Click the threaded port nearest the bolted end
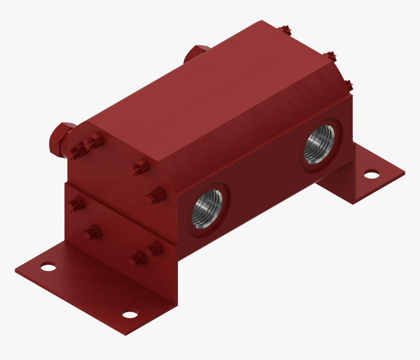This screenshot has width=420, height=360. (x=207, y=209)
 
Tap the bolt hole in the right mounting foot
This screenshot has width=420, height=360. (x=372, y=174)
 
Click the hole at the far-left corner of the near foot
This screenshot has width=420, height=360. (x=48, y=267)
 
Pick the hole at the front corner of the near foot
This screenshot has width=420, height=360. (x=130, y=314)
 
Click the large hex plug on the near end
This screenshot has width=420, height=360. (x=61, y=138)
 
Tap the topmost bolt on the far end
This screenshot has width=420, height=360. (x=287, y=30)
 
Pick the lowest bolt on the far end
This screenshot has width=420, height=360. (x=348, y=85)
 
